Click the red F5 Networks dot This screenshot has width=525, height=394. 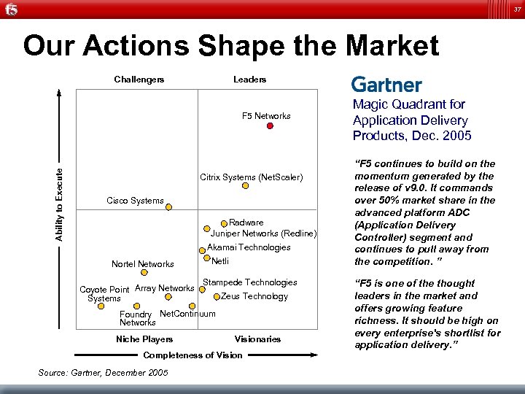click(270, 126)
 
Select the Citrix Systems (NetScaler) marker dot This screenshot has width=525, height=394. click(246, 185)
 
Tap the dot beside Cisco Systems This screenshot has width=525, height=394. click(168, 207)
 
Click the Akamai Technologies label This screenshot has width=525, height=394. click(249, 247)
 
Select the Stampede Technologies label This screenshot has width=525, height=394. click(249, 282)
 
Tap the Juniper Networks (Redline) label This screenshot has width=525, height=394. click(263, 233)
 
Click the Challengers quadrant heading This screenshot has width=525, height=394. click(139, 79)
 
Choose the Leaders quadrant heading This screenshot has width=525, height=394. click(249, 79)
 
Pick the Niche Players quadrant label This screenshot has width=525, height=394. click(144, 339)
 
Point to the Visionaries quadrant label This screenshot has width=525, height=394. click(257, 339)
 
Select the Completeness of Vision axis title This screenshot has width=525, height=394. click(193, 355)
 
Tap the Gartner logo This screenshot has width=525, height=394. click(386, 85)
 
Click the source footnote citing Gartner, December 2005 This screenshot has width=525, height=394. click(103, 373)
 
